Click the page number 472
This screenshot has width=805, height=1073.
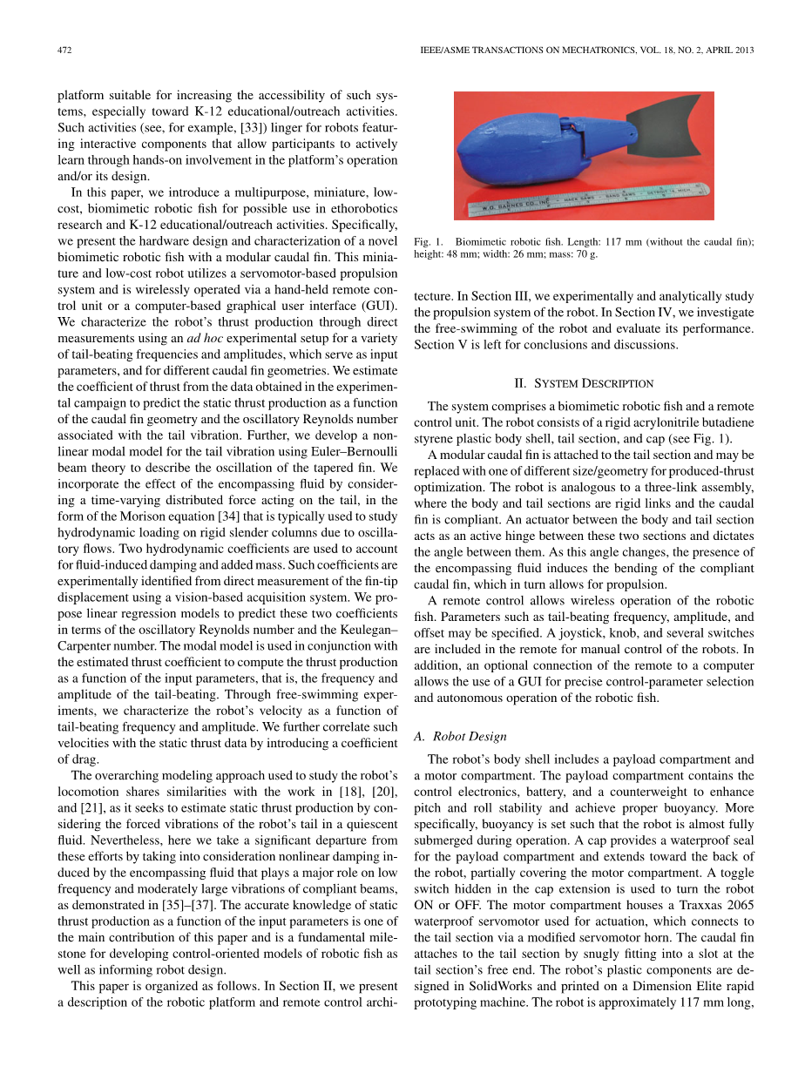click(x=64, y=51)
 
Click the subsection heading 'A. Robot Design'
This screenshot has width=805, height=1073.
click(x=460, y=737)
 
